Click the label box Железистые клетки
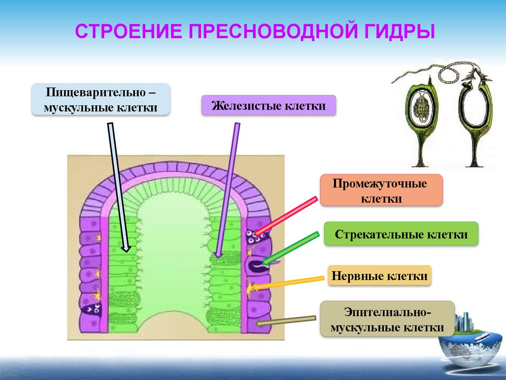pyautogui.click(x=269, y=106)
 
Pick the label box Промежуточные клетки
pyautogui.click(x=380, y=190)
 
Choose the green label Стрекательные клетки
pyautogui.click(x=401, y=235)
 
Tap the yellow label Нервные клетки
pyautogui.click(x=379, y=276)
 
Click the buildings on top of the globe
pyautogui.click(x=464, y=322)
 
